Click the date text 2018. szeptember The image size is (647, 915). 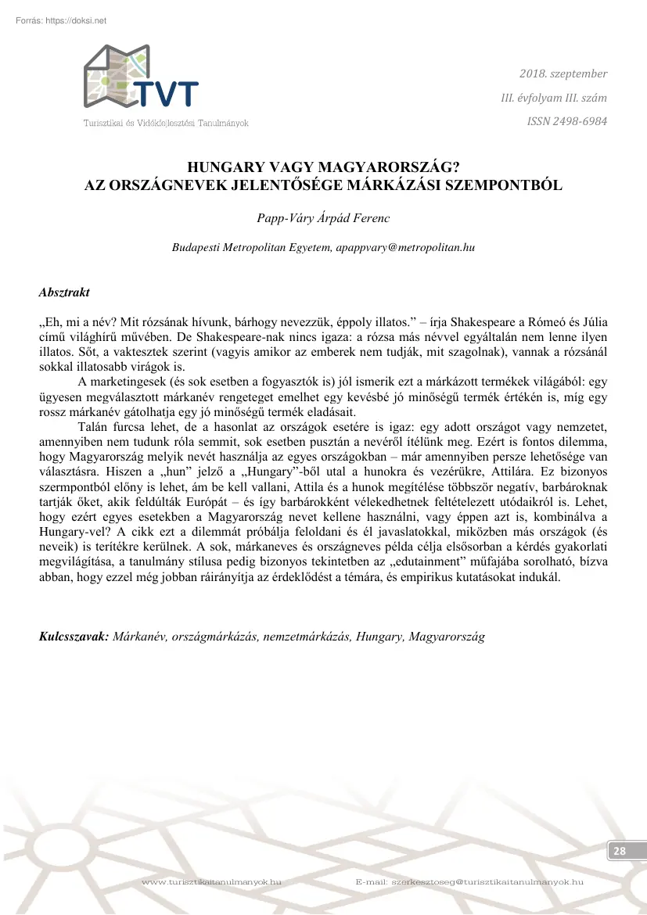point(563,74)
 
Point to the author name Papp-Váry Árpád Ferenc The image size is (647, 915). point(323,216)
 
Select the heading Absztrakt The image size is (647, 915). point(64,292)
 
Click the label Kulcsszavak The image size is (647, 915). point(74,637)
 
